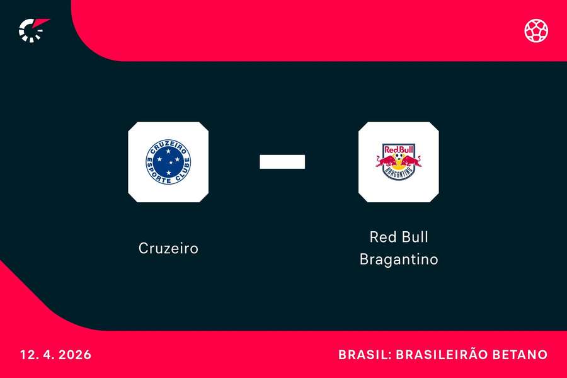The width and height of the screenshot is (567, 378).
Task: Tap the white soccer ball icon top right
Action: [x=536, y=30]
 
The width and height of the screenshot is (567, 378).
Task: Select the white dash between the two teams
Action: [x=282, y=162]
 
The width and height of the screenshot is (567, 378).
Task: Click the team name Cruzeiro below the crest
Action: [x=168, y=248]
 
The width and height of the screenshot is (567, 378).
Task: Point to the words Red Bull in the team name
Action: [x=398, y=238]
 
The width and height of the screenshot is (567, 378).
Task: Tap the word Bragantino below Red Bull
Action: [x=398, y=259]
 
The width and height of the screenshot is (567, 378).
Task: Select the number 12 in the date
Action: [x=27, y=355]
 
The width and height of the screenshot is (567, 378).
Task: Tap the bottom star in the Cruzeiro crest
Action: [x=169, y=173]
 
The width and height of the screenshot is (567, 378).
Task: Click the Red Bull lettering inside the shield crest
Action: [x=398, y=150]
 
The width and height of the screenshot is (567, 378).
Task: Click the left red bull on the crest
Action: [x=386, y=161]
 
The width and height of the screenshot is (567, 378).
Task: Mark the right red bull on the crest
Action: [x=411, y=161]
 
